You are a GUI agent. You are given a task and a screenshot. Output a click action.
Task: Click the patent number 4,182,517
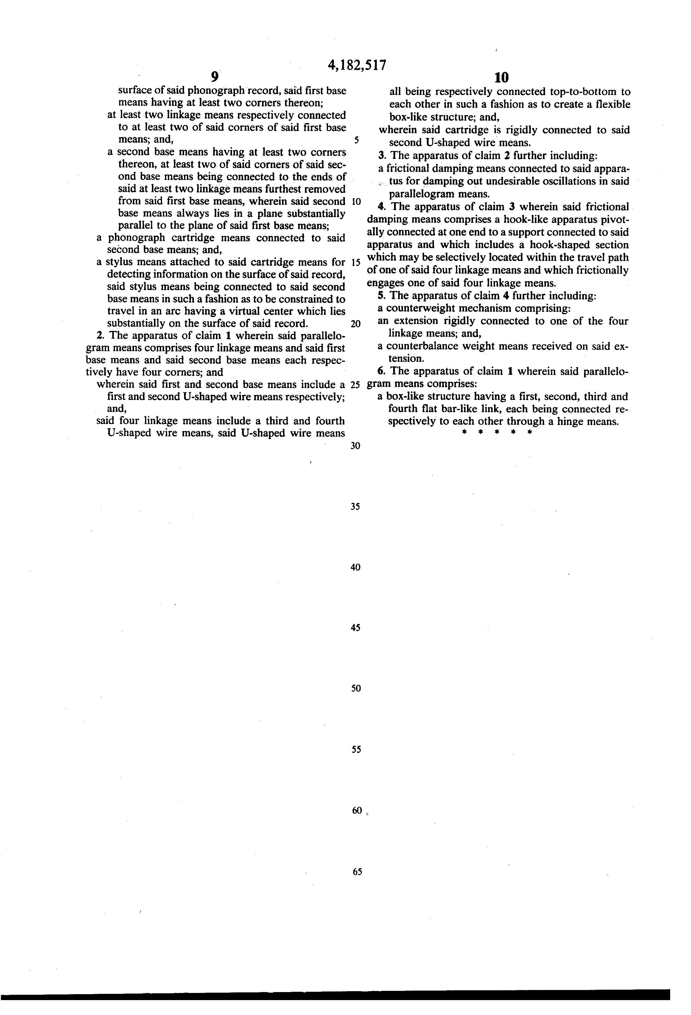click(x=357, y=66)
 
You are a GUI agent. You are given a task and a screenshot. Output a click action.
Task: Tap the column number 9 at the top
click(x=214, y=77)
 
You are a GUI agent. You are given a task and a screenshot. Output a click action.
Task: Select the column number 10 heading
click(x=502, y=78)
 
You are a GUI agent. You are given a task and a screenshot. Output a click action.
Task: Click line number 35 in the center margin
click(x=355, y=507)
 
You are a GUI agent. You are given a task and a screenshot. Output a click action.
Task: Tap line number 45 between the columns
click(x=355, y=628)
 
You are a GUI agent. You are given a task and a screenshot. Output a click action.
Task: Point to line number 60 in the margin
click(x=357, y=811)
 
